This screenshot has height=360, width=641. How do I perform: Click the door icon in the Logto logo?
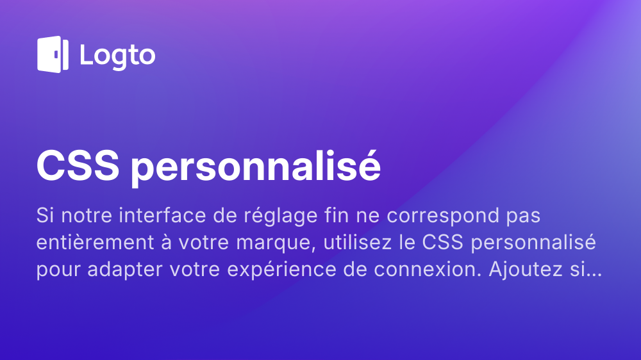pyautogui.click(x=53, y=54)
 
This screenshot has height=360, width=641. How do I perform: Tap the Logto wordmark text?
pyautogui.click(x=118, y=56)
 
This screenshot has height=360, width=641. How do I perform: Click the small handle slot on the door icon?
pyautogui.click(x=56, y=54)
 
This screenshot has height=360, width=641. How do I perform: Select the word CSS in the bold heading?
pyautogui.click(x=78, y=166)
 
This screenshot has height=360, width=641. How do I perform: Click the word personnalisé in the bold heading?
pyautogui.click(x=256, y=167)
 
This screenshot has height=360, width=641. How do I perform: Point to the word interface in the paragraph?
pyautogui.click(x=162, y=215)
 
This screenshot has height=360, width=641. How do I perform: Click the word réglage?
pyautogui.click(x=281, y=216)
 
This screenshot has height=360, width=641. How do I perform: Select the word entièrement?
pyautogui.click(x=96, y=242)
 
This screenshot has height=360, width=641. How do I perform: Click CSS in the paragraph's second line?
pyautogui.click(x=443, y=242)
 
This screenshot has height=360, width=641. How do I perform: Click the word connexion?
pyautogui.click(x=428, y=269)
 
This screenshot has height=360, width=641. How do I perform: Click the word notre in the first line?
pyautogui.click(x=87, y=216)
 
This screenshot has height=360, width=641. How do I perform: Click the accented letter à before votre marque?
pyautogui.click(x=166, y=242)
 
